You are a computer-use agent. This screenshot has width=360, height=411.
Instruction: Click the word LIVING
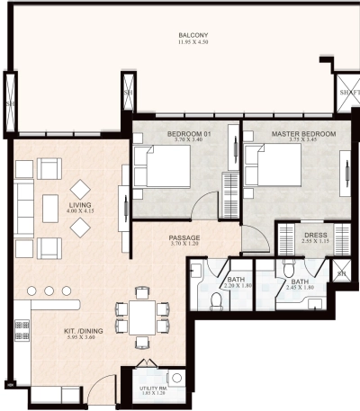pyautogui.click(x=81, y=204)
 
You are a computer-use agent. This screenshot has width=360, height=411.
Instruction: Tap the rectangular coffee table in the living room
pyautogui.click(x=51, y=206)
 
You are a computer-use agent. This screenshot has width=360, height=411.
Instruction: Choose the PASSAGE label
pyautogui.click(x=184, y=238)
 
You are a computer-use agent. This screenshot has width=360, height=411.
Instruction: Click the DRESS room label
pyautogui.click(x=315, y=236)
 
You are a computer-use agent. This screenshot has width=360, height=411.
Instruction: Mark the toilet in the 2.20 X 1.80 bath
pyautogui.click(x=217, y=299)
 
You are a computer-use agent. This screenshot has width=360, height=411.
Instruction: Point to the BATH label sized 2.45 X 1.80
pyautogui.click(x=298, y=281)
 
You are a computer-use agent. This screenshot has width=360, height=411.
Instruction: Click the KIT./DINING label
pyautogui.click(x=82, y=331)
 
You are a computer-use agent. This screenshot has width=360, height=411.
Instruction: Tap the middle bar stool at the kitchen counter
pyautogui.click(x=51, y=291)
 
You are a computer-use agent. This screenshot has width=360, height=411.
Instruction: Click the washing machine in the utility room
pyautogui.click(x=175, y=379)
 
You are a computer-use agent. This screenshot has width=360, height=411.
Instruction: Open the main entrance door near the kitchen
pyautogui.click(x=106, y=382)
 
